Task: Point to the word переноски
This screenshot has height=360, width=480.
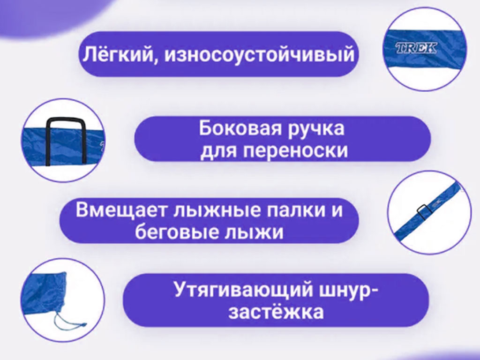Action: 296,151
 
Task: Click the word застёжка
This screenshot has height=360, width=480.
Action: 276,312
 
